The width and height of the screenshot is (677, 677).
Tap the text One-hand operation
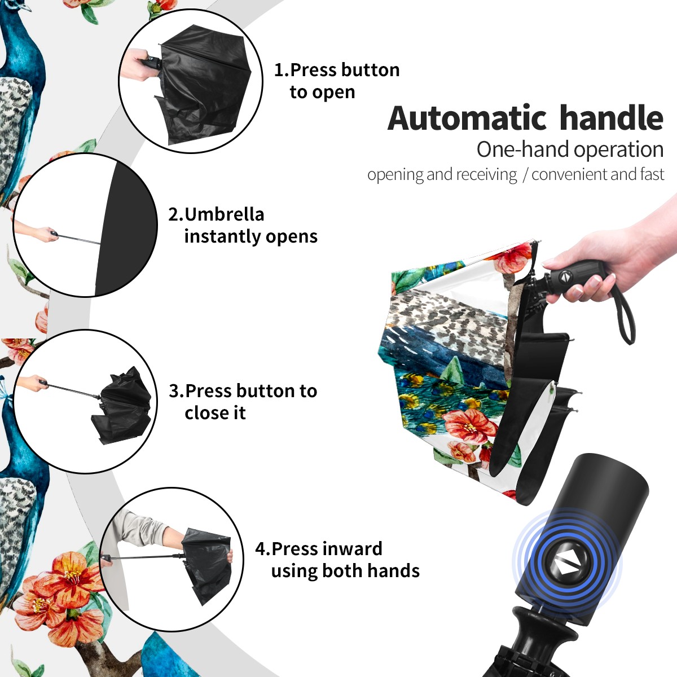570,150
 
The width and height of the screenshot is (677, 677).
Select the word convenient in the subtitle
570,174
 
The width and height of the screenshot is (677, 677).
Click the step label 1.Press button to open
337,81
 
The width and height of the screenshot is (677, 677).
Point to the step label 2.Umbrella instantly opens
243,225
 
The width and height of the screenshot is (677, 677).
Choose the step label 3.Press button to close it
243,402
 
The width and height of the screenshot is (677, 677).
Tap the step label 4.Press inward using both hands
337,560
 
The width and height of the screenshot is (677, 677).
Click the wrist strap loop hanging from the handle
623,315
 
